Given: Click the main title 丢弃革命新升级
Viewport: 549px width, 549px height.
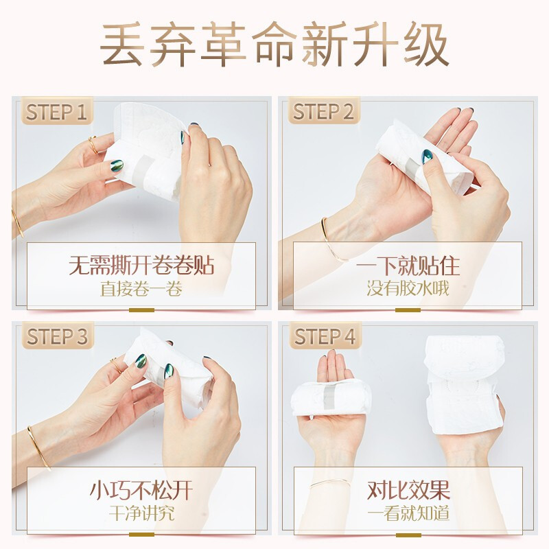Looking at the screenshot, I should click(x=274, y=45).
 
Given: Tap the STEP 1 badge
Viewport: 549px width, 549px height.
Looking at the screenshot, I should click(x=57, y=112).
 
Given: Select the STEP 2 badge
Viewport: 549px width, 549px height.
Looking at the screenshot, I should click(x=323, y=112).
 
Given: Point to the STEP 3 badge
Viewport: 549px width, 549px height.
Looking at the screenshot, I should click(x=57, y=337).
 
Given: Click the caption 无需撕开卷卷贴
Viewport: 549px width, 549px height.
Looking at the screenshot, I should click(x=141, y=265).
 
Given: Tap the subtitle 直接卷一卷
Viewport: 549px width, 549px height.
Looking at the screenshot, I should click(x=141, y=288).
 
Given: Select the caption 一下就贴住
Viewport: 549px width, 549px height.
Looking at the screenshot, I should click(x=408, y=265).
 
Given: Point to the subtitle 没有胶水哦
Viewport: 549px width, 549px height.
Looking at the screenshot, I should click(x=408, y=288).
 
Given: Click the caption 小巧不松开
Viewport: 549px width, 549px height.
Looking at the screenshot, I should click(x=141, y=490).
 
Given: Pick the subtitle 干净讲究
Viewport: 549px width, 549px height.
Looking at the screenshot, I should click(x=141, y=513).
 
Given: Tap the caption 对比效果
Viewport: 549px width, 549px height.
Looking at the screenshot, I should click(x=408, y=490).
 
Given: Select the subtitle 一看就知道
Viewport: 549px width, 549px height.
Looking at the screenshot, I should click(x=408, y=513).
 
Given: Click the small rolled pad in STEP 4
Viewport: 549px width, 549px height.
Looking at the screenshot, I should click(x=331, y=399).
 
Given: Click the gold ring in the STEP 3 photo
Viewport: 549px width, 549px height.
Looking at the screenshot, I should click(x=114, y=362).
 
